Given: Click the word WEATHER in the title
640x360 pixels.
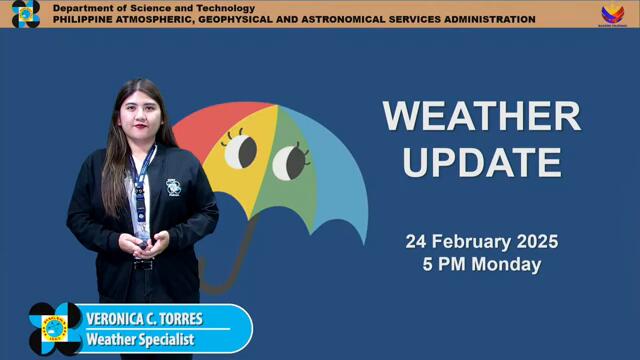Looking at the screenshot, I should (x=481, y=116).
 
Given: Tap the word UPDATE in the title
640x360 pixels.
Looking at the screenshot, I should (x=481, y=160).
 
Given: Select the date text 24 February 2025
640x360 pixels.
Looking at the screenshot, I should (x=481, y=242).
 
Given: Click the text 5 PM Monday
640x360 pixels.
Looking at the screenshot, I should (x=481, y=265).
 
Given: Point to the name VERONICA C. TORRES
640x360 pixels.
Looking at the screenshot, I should (x=144, y=320).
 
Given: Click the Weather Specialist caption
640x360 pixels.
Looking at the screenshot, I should (x=140, y=340).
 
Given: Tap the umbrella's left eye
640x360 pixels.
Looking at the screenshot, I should (x=240, y=151).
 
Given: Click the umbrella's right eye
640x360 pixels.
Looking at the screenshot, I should (x=290, y=160).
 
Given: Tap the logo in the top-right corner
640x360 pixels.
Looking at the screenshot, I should (x=613, y=14).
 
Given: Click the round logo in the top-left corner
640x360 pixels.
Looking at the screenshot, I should (x=25, y=14).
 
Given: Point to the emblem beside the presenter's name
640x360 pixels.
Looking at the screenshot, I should (x=55, y=328).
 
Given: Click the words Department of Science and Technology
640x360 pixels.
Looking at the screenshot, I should (x=153, y=8).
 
